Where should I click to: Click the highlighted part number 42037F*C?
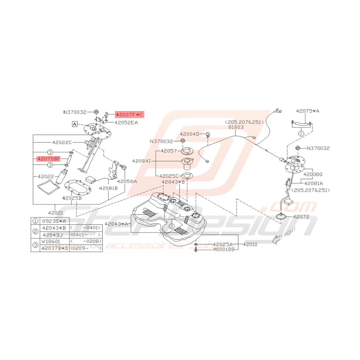click(x=129, y=114)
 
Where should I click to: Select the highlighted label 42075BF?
click(x=49, y=159)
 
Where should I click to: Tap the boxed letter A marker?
click(x=74, y=124)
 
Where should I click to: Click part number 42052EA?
click(x=126, y=123)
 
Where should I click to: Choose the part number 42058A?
click(x=127, y=181)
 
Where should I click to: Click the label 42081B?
click(x=108, y=188)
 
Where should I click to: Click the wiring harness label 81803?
click(x=236, y=127)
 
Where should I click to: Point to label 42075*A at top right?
click(x=308, y=111)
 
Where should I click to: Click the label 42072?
click(x=302, y=217)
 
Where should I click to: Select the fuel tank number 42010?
click(x=250, y=244)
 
